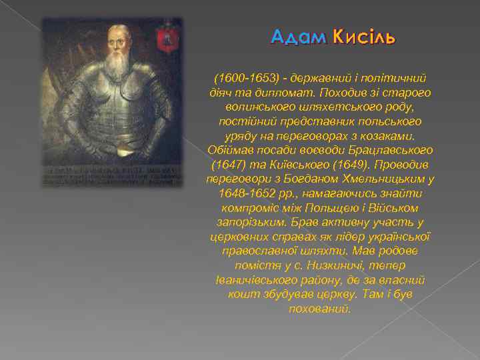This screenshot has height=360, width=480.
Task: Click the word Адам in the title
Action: coord(298,38)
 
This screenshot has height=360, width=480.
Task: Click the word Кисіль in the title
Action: coord(363,38)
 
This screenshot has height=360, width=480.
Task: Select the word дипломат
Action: coord(291,93)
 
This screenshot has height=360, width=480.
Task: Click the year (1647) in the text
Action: coord(227,164)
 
